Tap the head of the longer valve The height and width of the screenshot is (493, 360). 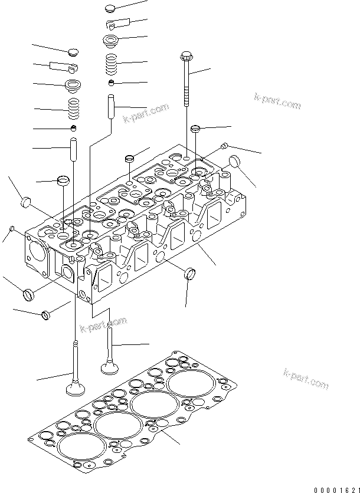[x=74, y=390]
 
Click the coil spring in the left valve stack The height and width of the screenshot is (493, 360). [x=74, y=108]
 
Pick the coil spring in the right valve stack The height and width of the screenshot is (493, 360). [x=111, y=63]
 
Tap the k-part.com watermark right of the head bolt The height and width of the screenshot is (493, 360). [x=277, y=101]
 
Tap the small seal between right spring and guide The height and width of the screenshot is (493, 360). [x=111, y=81]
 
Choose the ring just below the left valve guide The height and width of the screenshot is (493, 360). [x=63, y=179]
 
